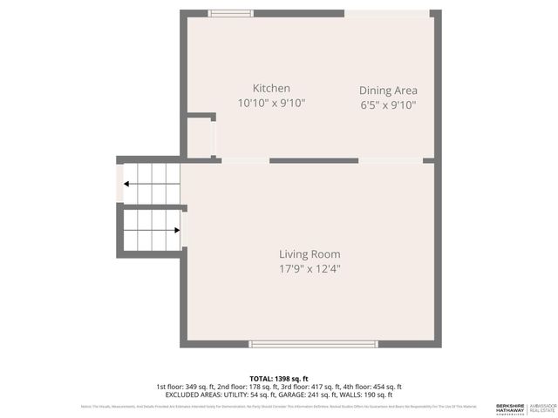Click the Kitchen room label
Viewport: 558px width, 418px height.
(x=271, y=88)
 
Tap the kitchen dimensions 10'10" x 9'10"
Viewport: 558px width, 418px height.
(x=271, y=103)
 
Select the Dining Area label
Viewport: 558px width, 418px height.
(x=388, y=90)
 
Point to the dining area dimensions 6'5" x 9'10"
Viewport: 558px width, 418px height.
(x=388, y=105)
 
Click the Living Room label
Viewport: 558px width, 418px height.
(x=310, y=254)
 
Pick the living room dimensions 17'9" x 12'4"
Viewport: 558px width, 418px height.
(x=310, y=269)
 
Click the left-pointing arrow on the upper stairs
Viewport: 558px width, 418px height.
(x=128, y=184)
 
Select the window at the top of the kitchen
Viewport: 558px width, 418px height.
(x=232, y=12)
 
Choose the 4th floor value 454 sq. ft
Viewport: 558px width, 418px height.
(x=383, y=387)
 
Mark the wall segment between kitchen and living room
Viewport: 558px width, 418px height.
(x=314, y=161)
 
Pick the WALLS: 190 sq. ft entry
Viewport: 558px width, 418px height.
(x=368, y=394)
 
